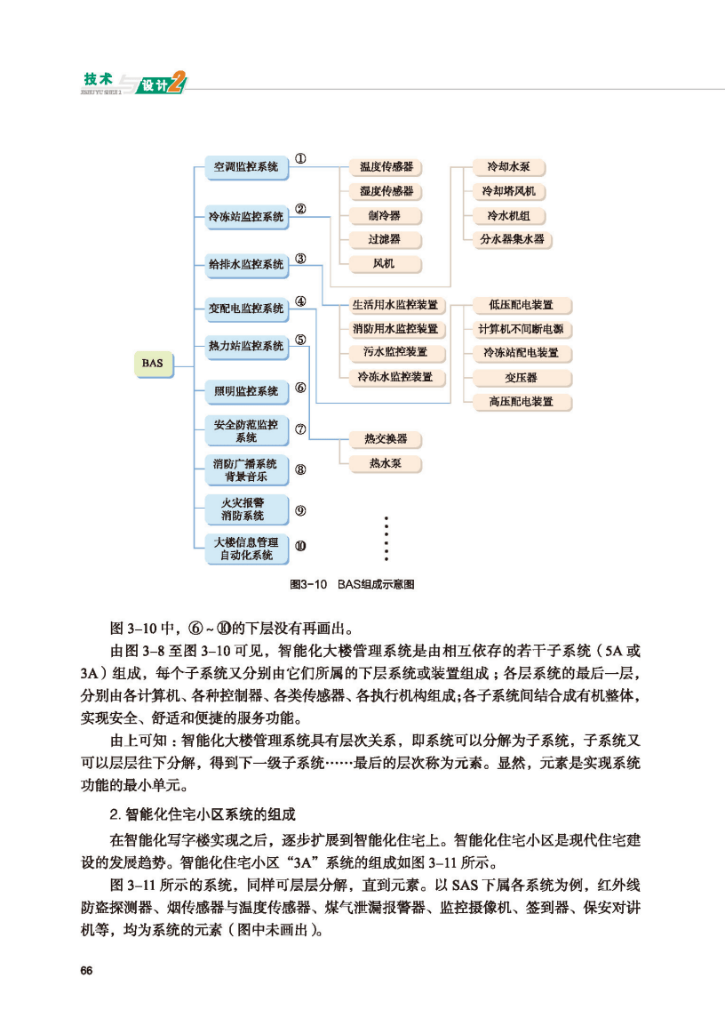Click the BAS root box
tap(152, 363)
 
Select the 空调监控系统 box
tap(244, 166)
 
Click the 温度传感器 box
tap(385, 166)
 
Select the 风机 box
tap(385, 263)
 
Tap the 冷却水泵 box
tap(514, 167)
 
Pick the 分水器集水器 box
tap(514, 239)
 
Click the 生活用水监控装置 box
tap(395, 305)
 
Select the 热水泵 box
tap(384, 463)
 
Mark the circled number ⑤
tap(301, 340)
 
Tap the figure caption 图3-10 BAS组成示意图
tap(355, 584)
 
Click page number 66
tap(86, 969)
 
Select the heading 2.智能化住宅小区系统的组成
tap(201, 814)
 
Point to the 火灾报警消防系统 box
tap(244, 509)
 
